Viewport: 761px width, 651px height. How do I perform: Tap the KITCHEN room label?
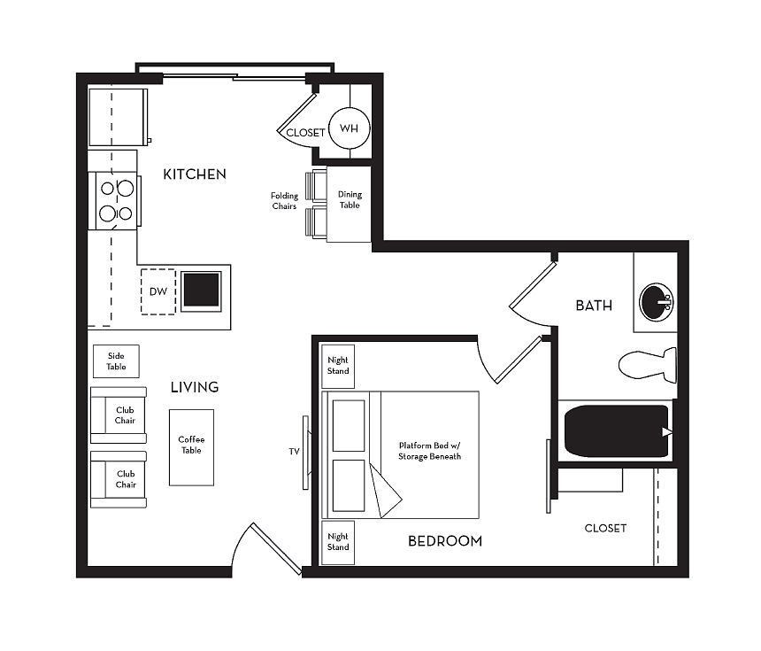(195, 174)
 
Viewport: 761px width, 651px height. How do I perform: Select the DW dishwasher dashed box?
(158, 291)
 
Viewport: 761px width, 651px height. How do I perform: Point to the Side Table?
(116, 361)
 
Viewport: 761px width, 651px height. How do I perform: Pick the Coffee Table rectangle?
(191, 447)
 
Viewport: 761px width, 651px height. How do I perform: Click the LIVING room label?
(195, 387)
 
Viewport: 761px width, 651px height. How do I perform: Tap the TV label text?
(294, 452)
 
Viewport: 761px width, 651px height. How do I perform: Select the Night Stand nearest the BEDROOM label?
(338, 542)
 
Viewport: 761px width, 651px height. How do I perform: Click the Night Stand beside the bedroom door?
(338, 366)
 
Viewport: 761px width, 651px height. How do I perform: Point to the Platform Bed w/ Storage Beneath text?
(429, 451)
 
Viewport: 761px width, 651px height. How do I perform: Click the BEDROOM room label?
(445, 541)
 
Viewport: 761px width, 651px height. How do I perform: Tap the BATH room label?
(594, 306)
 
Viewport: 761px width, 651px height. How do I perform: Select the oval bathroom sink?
(657, 302)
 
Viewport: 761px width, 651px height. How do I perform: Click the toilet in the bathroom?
(648, 364)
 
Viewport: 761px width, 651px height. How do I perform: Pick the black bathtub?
(617, 431)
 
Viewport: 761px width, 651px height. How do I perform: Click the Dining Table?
(349, 204)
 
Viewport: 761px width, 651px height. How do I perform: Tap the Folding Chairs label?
(284, 201)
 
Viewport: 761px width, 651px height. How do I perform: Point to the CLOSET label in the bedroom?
(605, 528)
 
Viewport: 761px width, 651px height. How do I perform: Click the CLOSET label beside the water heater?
(305, 133)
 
